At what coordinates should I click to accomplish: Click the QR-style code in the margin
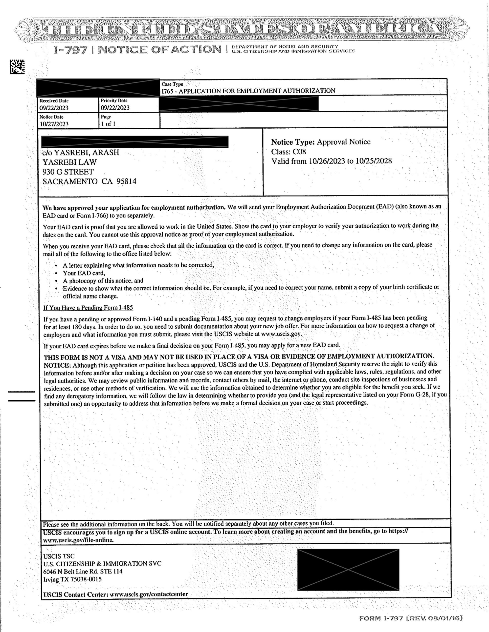pos(17,67)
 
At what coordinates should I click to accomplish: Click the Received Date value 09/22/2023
pos(54,108)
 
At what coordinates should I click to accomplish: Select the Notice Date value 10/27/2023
pos(54,124)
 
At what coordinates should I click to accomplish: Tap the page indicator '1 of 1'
pos(108,124)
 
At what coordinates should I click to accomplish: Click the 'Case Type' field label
pos(172,84)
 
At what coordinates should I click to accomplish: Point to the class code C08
pos(299,152)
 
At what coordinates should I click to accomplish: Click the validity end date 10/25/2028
pos(373,161)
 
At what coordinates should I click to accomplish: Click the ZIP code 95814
pos(126,181)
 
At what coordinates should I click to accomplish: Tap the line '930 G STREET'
pos(68,172)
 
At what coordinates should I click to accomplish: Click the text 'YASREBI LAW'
pos(69,162)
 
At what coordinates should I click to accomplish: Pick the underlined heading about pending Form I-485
pos(88,307)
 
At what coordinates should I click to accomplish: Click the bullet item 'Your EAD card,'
pos(84,273)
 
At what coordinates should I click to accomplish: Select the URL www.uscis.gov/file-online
pos(78,540)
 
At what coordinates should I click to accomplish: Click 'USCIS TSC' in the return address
pos(59,556)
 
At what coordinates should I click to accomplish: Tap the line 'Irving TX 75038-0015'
pos(72,579)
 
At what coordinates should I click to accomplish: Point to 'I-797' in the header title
pos(70,50)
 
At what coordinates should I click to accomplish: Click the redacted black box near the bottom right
pos(348,569)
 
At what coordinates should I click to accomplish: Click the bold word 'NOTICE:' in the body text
pos(57,364)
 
